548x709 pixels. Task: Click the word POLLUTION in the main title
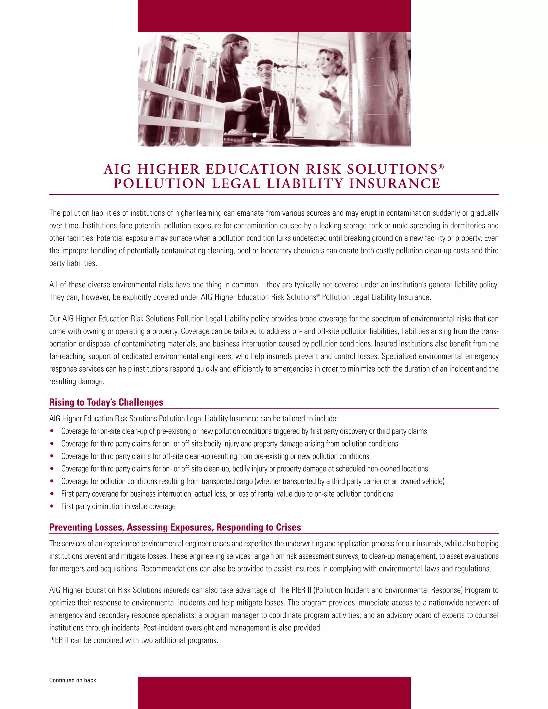click(160, 184)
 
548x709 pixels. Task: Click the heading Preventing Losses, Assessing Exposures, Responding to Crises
click(175, 527)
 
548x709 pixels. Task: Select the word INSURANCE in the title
click(394, 184)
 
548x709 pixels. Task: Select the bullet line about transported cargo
click(253, 481)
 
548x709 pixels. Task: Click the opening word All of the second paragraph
click(53, 285)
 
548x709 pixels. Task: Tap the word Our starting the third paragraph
click(55, 319)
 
